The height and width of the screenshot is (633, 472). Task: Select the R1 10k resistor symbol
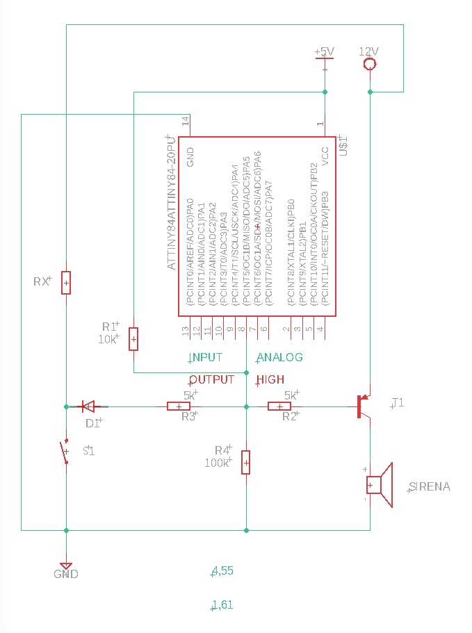(133, 339)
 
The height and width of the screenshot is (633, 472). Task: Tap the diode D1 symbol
(88, 406)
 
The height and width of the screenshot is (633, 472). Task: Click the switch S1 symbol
(67, 452)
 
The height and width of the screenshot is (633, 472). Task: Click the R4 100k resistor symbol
(245, 462)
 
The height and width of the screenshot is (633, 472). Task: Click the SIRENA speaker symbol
(379, 486)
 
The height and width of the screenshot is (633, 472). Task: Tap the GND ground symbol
(66, 567)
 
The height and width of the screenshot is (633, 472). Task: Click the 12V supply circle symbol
(370, 65)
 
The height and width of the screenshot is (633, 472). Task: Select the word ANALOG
(280, 357)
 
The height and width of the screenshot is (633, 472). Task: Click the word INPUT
(206, 357)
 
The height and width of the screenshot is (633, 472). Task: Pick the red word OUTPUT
(212, 380)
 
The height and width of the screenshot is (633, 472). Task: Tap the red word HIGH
(270, 380)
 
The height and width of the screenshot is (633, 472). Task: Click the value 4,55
(222, 571)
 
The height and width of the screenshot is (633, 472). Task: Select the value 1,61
(222, 605)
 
